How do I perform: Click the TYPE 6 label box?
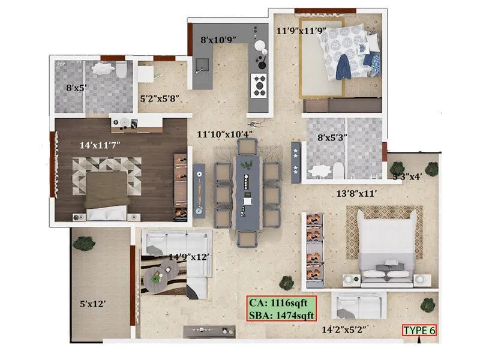tap(419, 330)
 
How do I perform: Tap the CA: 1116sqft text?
tap(281, 303)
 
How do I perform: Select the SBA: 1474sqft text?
tap(281, 314)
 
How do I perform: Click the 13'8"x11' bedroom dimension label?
tap(359, 193)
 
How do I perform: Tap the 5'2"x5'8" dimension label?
tap(160, 97)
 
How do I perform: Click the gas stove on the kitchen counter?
tap(259, 85)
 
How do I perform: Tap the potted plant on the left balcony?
tap(83, 242)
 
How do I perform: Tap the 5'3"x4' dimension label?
tap(407, 177)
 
